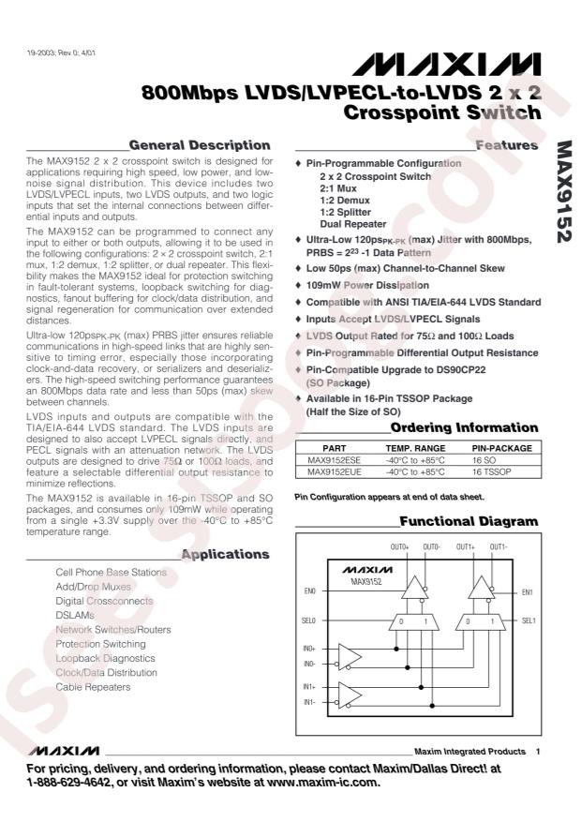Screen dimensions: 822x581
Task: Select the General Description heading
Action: click(200, 145)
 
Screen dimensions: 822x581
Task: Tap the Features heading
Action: click(506, 145)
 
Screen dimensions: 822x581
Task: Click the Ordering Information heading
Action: click(464, 427)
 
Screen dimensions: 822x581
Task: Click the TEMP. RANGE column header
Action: click(410, 448)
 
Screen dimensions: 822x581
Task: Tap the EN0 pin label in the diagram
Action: click(310, 592)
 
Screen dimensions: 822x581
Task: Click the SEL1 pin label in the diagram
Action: click(528, 620)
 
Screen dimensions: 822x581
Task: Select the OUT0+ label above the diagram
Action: click(399, 546)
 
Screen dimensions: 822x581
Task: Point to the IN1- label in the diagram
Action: click(309, 701)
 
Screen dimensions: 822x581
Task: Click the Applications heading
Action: click(225, 555)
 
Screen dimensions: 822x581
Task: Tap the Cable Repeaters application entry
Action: click(93, 687)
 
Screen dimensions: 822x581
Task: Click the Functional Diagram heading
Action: click(469, 520)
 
